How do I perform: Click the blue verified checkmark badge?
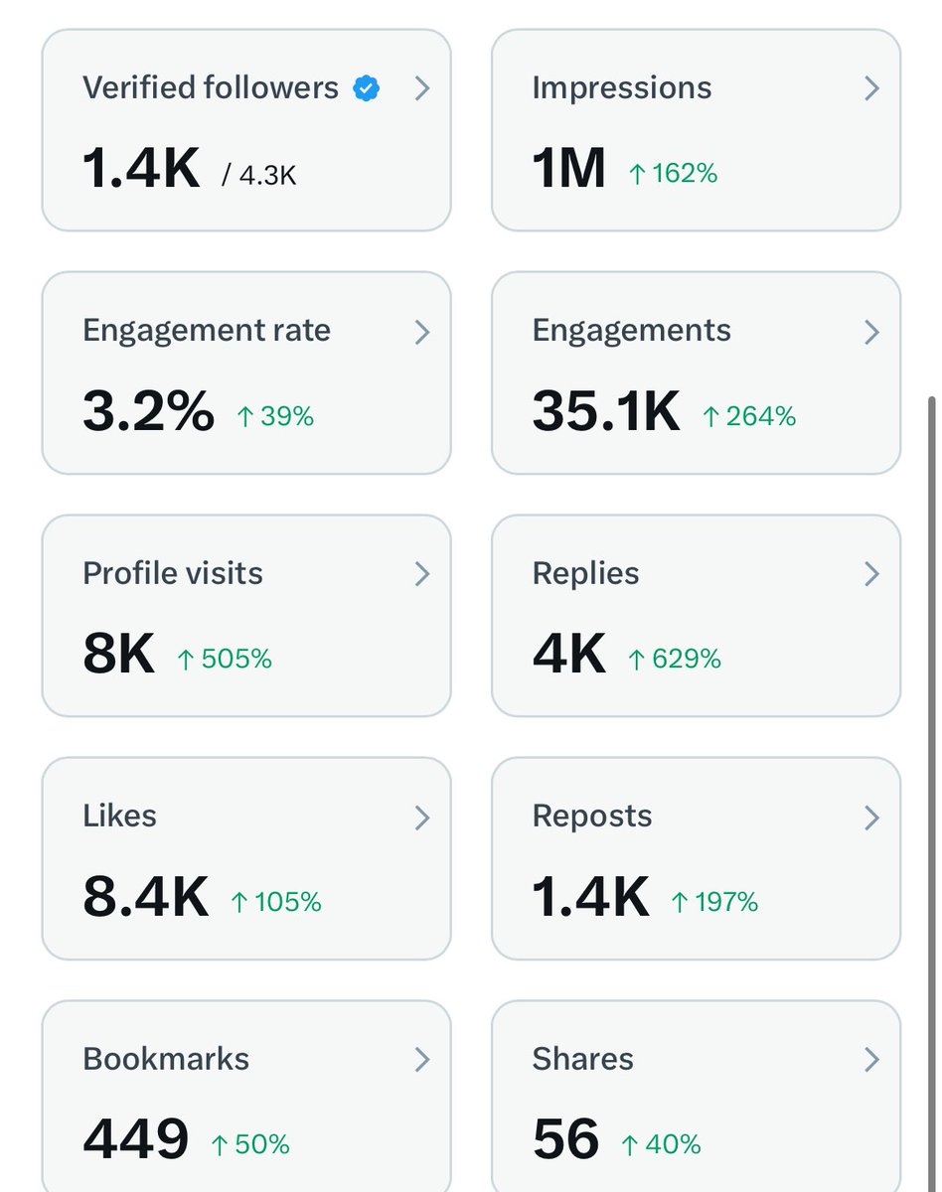point(367,88)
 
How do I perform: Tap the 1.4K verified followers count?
point(141,168)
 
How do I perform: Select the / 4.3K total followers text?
point(259,176)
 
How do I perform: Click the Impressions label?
point(622,88)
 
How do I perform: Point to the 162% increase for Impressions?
point(673,174)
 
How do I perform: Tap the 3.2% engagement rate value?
point(148,411)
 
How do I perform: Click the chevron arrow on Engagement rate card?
point(422,332)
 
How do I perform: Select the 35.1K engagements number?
point(606,411)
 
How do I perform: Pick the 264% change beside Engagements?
point(749,417)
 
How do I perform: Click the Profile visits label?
point(173,574)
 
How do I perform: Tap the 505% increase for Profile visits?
point(225,660)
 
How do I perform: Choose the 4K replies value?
point(568,654)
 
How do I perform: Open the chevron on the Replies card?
point(871,574)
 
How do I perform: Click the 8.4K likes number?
point(145,897)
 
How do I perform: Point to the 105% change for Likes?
point(276,902)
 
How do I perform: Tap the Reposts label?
point(592,817)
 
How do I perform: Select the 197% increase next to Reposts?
point(714,902)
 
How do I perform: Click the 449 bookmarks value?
point(136,1139)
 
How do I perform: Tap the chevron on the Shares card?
point(871,1060)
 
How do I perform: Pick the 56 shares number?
point(566,1139)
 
